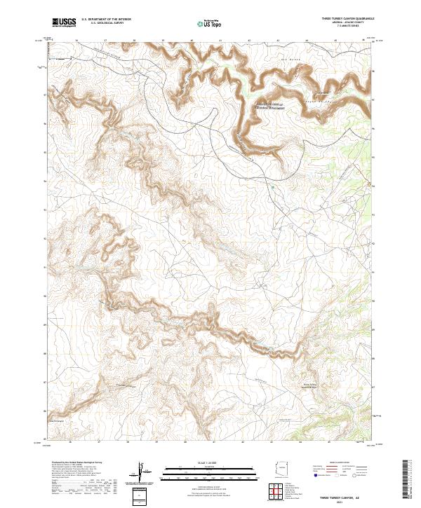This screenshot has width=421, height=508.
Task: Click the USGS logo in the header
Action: [x=64, y=23]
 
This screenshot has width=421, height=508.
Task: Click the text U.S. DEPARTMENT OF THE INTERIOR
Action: [x=106, y=20]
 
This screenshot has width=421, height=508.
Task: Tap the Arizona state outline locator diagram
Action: [x=284, y=469]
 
